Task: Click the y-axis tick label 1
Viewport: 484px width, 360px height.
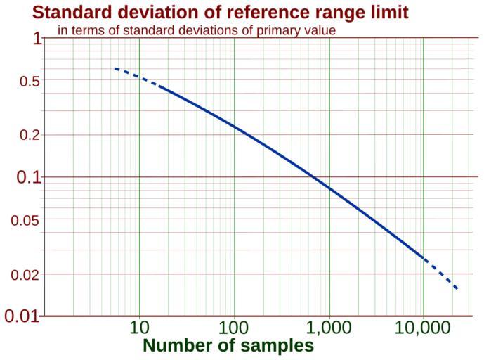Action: click(37, 39)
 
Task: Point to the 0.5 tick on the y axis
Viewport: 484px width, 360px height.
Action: click(30, 82)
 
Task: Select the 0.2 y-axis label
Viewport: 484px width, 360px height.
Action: click(30, 135)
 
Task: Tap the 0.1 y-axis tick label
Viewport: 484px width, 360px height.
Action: click(30, 177)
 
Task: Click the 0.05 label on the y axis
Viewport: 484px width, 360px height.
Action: click(25, 220)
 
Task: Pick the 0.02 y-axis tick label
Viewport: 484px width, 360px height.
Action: click(25, 275)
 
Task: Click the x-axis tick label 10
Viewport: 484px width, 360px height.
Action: click(139, 328)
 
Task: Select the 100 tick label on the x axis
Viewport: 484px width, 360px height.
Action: click(233, 328)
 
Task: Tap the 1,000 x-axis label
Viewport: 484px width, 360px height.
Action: click(329, 328)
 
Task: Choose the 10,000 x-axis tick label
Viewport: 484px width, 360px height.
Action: click(424, 328)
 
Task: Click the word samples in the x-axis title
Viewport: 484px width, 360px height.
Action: click(279, 346)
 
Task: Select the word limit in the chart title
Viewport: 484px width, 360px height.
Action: click(386, 13)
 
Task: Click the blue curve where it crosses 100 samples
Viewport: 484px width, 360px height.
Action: click(234, 127)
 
